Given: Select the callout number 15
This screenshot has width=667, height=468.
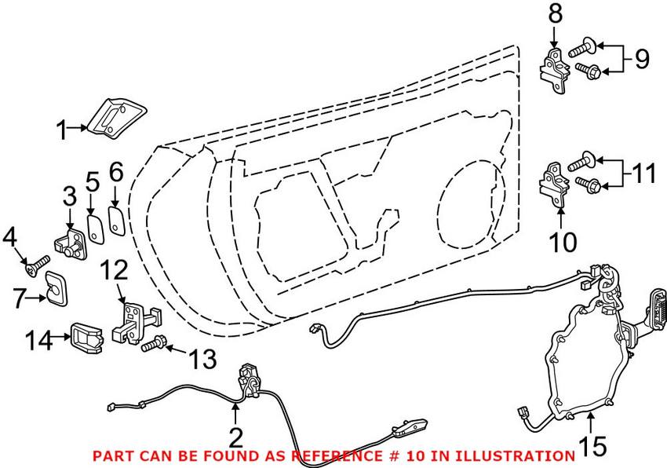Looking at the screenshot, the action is pos(593,447).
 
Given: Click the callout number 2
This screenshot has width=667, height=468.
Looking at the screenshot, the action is pos(235,436).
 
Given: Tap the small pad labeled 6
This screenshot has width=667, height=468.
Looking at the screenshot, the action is pos(115,220).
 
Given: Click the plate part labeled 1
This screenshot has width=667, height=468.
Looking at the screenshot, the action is pos(107,117).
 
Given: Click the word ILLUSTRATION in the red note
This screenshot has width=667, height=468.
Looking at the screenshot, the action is pos(519,455).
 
